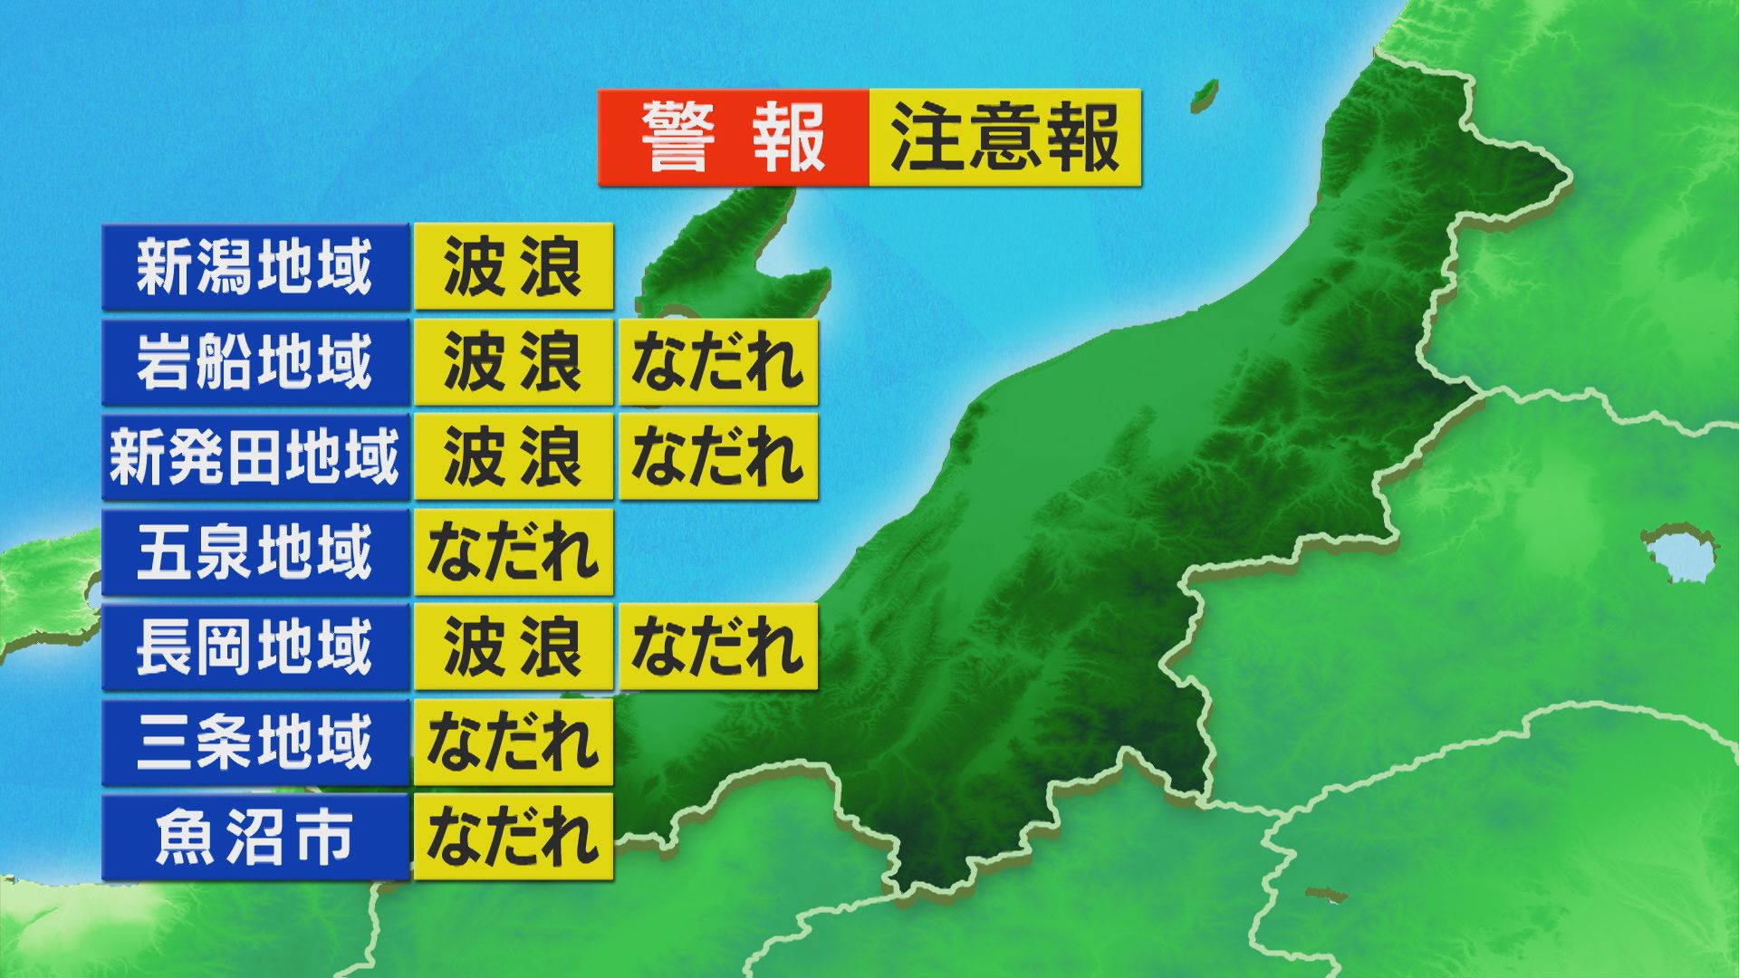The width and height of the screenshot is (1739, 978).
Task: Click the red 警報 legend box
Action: pos(734,138)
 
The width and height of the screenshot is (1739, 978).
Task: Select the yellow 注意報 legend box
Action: pos(1004,138)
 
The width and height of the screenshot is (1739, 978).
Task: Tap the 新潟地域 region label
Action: pos(255,267)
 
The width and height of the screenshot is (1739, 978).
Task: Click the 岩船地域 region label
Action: pos(255,362)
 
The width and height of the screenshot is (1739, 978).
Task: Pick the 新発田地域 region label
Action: pos(255,457)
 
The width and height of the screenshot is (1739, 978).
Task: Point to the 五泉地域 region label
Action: pos(255,552)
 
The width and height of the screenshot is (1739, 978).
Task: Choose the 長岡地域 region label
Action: pos(255,647)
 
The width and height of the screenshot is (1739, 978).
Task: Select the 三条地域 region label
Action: pos(255,743)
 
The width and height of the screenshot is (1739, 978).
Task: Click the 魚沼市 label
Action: pos(255,838)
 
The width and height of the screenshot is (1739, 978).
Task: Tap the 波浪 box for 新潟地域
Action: pos(514,267)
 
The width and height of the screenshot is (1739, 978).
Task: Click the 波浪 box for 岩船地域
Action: pos(514,362)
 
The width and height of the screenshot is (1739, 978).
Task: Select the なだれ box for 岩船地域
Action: pos(718,362)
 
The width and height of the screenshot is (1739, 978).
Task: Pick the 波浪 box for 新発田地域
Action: pos(514,457)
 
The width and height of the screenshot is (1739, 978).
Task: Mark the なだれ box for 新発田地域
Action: pos(718,457)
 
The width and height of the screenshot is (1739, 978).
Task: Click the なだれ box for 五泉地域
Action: pos(514,552)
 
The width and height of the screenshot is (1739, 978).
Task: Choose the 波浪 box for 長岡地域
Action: pos(514,647)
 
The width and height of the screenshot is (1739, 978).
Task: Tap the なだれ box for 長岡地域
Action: pos(718,647)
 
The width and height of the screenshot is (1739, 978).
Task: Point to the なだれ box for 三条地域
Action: pos(514,743)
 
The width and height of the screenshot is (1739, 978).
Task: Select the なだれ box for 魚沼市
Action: pos(514,838)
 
